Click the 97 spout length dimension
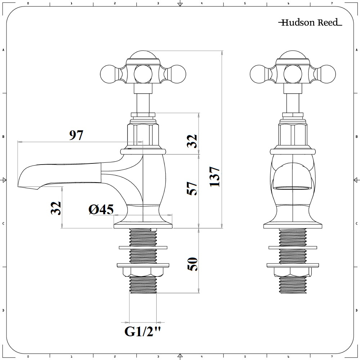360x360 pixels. tap(76, 135)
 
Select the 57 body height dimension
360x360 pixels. tap(193, 188)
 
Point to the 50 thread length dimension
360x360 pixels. tap(193, 265)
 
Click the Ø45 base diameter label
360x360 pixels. tap(101, 209)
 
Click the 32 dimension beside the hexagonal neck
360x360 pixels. tap(193, 141)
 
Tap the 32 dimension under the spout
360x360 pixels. tap(56, 208)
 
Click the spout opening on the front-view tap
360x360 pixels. tap(292, 188)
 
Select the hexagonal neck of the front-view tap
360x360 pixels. tap(293, 134)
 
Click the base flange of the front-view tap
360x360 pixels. tap(292, 225)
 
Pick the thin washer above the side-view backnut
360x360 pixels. tap(143, 247)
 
